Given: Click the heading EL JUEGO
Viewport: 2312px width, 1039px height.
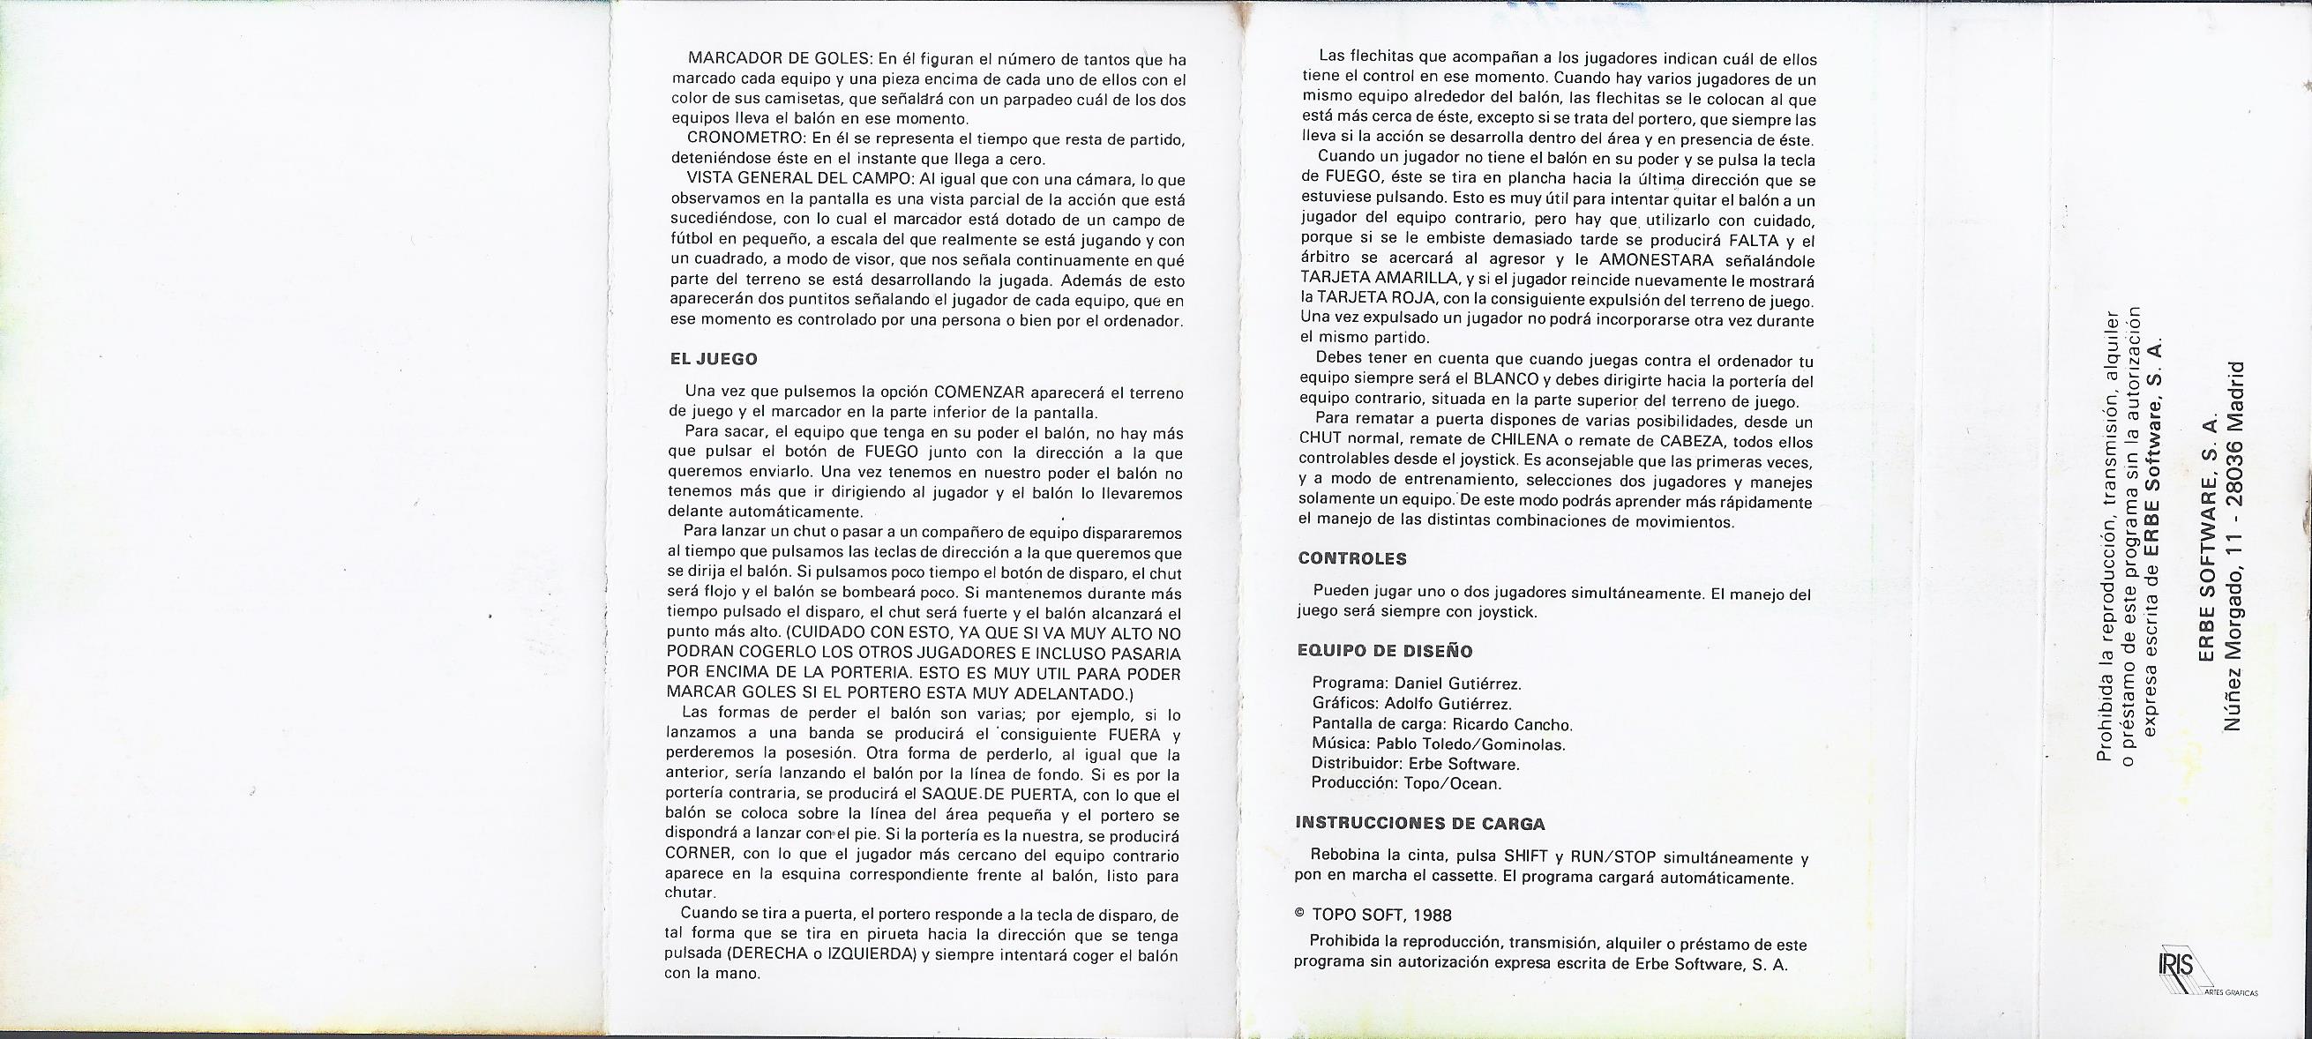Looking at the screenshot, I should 714,359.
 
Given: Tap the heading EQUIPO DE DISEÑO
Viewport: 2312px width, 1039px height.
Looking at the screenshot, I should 1386,652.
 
